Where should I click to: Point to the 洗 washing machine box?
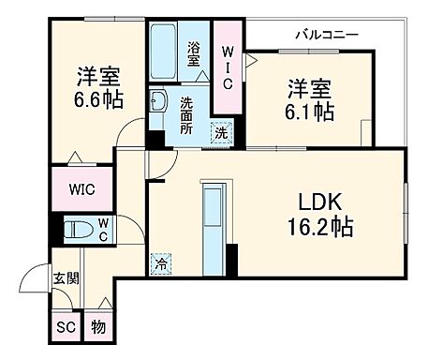(221, 133)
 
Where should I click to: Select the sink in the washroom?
(158, 102)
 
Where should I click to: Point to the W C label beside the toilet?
(103, 228)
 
